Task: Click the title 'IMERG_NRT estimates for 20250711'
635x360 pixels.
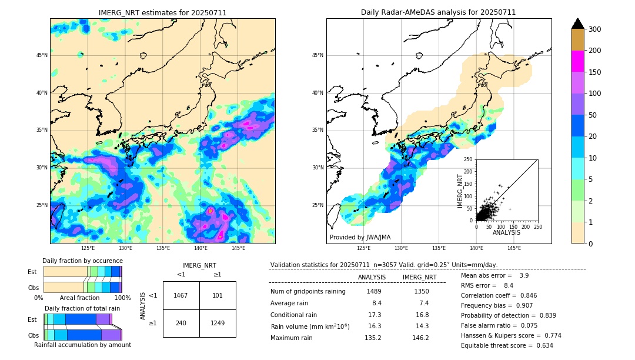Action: click(162, 12)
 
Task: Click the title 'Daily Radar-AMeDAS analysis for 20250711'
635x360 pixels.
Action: click(439, 12)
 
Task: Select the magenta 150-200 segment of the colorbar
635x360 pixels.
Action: click(577, 61)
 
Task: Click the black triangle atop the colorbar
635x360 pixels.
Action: click(577, 24)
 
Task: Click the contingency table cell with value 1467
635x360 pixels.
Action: click(181, 295)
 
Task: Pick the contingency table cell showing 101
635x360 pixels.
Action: click(218, 295)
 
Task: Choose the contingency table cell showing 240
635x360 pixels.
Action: click(181, 323)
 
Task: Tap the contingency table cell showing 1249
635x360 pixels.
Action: click(218, 323)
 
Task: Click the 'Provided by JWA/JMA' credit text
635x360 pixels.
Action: click(360, 237)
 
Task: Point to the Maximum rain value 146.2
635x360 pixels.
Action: click(420, 338)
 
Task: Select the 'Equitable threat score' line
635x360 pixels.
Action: click(507, 345)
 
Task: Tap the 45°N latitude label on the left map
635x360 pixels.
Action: click(42, 55)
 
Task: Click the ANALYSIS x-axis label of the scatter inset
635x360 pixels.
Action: click(506, 232)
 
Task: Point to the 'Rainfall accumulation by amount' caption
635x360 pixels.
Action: click(82, 345)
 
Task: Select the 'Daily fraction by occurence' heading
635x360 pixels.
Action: click(82, 261)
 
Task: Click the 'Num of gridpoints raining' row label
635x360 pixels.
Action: click(308, 291)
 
